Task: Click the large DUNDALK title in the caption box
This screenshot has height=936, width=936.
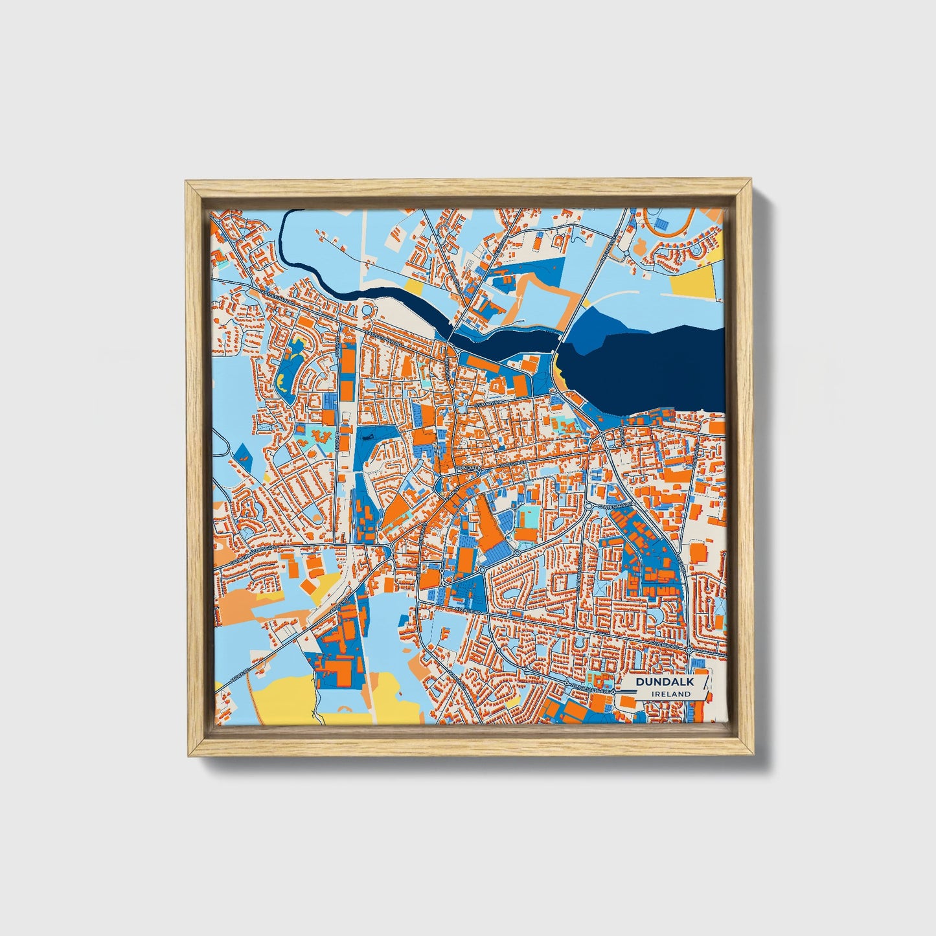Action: (665, 682)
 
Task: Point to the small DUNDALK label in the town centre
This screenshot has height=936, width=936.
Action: (469, 466)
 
